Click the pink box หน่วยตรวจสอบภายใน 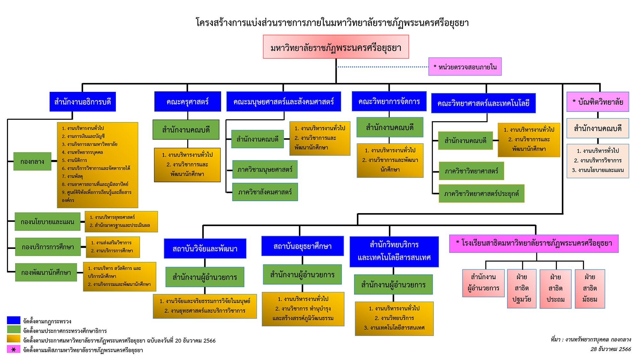coord(465,67)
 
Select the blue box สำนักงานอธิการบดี coord(83,102)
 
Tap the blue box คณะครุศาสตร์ coord(188,102)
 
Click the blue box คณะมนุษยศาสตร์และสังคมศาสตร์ coord(284,102)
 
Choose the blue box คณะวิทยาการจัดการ coord(389,101)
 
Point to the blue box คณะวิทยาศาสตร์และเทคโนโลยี coord(483,103)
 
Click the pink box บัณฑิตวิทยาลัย coord(597,102)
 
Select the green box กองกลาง coord(32,161)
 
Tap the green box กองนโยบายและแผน coord(47,222)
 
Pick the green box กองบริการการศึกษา coord(48,247)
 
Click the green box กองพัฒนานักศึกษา coord(46,272)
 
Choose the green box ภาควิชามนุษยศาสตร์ coord(265,169)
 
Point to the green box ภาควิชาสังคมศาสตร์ coord(265,192)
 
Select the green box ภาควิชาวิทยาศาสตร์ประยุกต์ coord(481,194)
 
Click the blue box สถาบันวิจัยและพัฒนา coord(205,249)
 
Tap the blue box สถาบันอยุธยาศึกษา coord(302,246)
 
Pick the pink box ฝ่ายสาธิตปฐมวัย coord(522,288)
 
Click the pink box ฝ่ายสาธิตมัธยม coord(590,288)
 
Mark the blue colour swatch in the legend coord(14,320)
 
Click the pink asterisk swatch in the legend coord(14,349)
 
